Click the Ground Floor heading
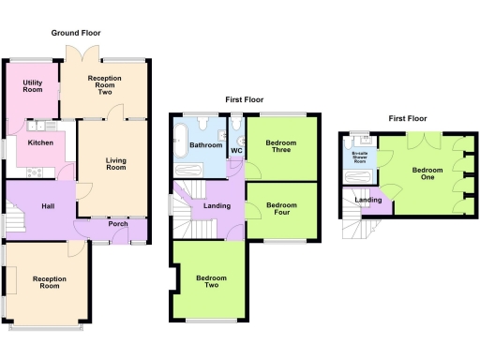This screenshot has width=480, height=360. coord(78,32)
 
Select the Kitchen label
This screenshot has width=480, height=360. coord(39,142)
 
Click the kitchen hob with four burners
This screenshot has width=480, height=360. coord(38,172)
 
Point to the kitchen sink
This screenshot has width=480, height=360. coord(41,126)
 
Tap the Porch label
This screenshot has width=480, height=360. coord(118,224)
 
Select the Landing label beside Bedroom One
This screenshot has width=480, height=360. coord(367,200)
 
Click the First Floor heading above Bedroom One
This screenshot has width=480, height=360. coord(407,119)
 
